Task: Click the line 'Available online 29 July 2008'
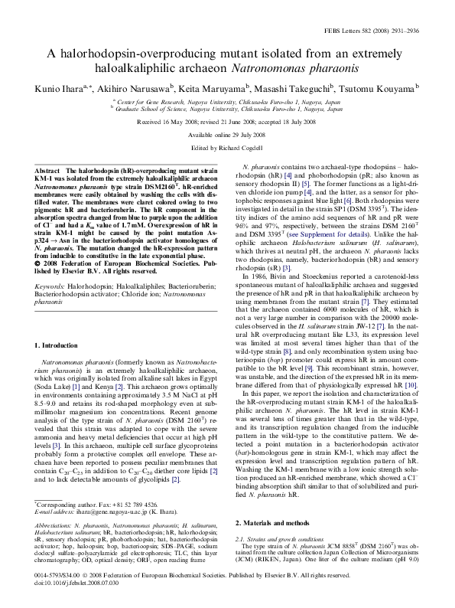point(227,133)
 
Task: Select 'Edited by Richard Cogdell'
point(227,146)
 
